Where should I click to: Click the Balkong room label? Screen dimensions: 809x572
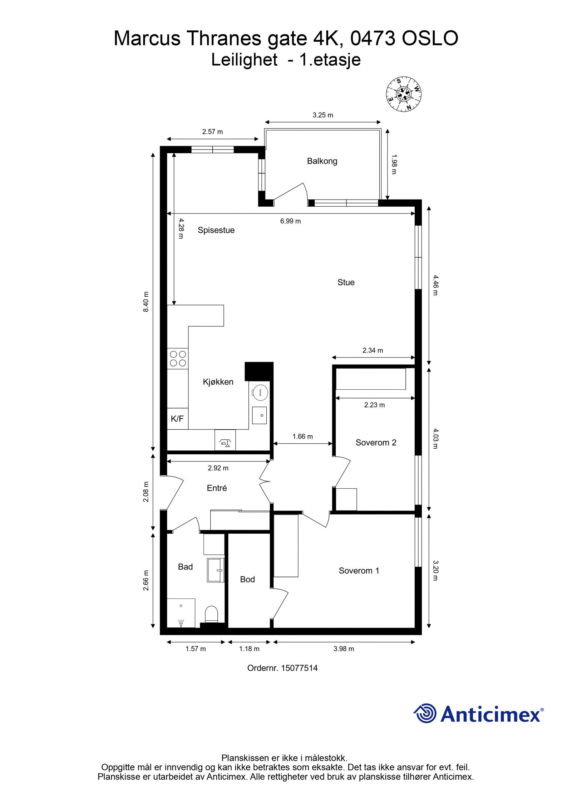322,161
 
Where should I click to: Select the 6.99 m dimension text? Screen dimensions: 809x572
290,221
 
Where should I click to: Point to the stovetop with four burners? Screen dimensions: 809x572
178,359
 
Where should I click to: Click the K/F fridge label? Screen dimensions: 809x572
177,419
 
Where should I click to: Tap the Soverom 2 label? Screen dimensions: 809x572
376,443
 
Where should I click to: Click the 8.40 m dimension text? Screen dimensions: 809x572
146,302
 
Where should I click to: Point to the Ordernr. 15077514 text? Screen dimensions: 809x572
282,668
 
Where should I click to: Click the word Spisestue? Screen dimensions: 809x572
216,230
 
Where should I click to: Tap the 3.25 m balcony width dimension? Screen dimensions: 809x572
322,115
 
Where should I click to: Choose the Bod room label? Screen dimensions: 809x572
247,579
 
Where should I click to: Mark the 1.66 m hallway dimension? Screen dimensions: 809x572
302,436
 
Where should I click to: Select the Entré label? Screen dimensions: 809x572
217,488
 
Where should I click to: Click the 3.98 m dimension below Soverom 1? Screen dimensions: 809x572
344,649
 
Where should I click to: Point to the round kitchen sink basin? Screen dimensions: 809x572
260,393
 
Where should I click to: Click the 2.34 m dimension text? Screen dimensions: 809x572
373,350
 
